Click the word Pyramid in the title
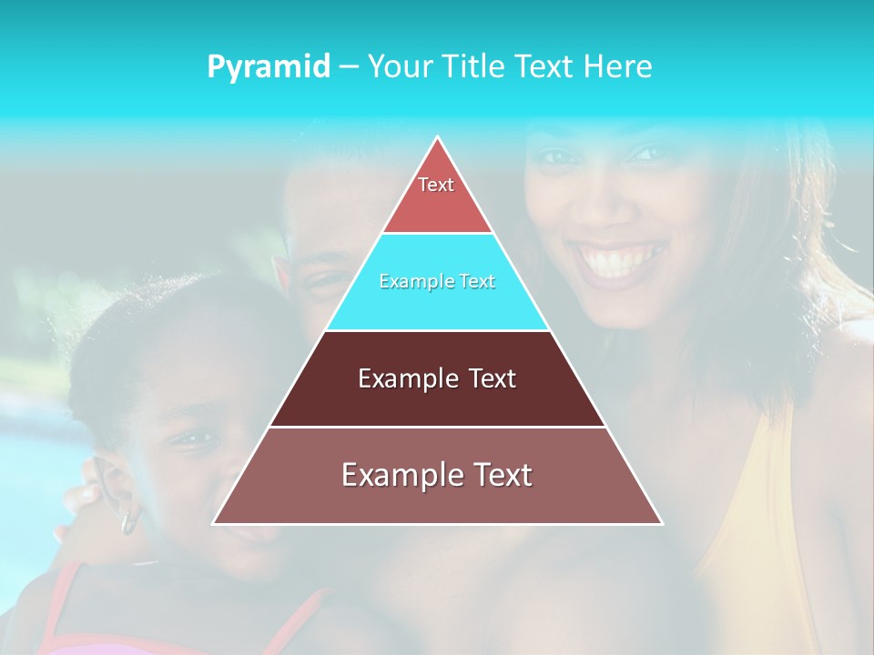(269, 67)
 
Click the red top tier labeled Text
(436, 196)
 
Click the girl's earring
(129, 522)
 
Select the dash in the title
(348, 67)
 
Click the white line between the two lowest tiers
(437, 427)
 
